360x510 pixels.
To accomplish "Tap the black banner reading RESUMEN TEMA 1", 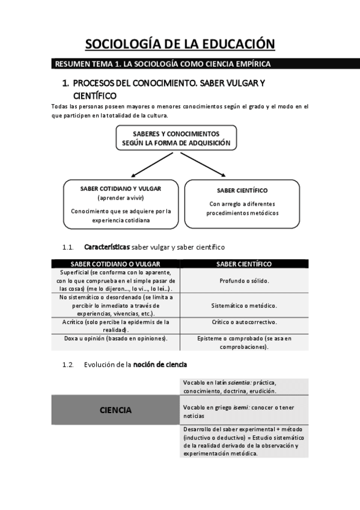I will point(162,63).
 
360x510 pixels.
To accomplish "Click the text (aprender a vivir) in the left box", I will point(120,198).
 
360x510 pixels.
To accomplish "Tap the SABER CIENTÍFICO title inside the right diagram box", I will point(242,190).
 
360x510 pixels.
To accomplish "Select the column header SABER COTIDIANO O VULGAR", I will point(115,263).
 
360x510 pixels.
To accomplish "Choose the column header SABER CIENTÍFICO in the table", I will point(243,263).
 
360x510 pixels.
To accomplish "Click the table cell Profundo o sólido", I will point(243,280).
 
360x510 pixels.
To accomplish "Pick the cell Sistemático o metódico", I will point(243,306).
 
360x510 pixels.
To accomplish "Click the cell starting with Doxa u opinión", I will point(115,339).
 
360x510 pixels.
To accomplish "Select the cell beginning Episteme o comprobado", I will point(243,343).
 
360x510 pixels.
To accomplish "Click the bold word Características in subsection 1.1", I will point(107,247).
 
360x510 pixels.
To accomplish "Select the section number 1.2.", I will point(68,364).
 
